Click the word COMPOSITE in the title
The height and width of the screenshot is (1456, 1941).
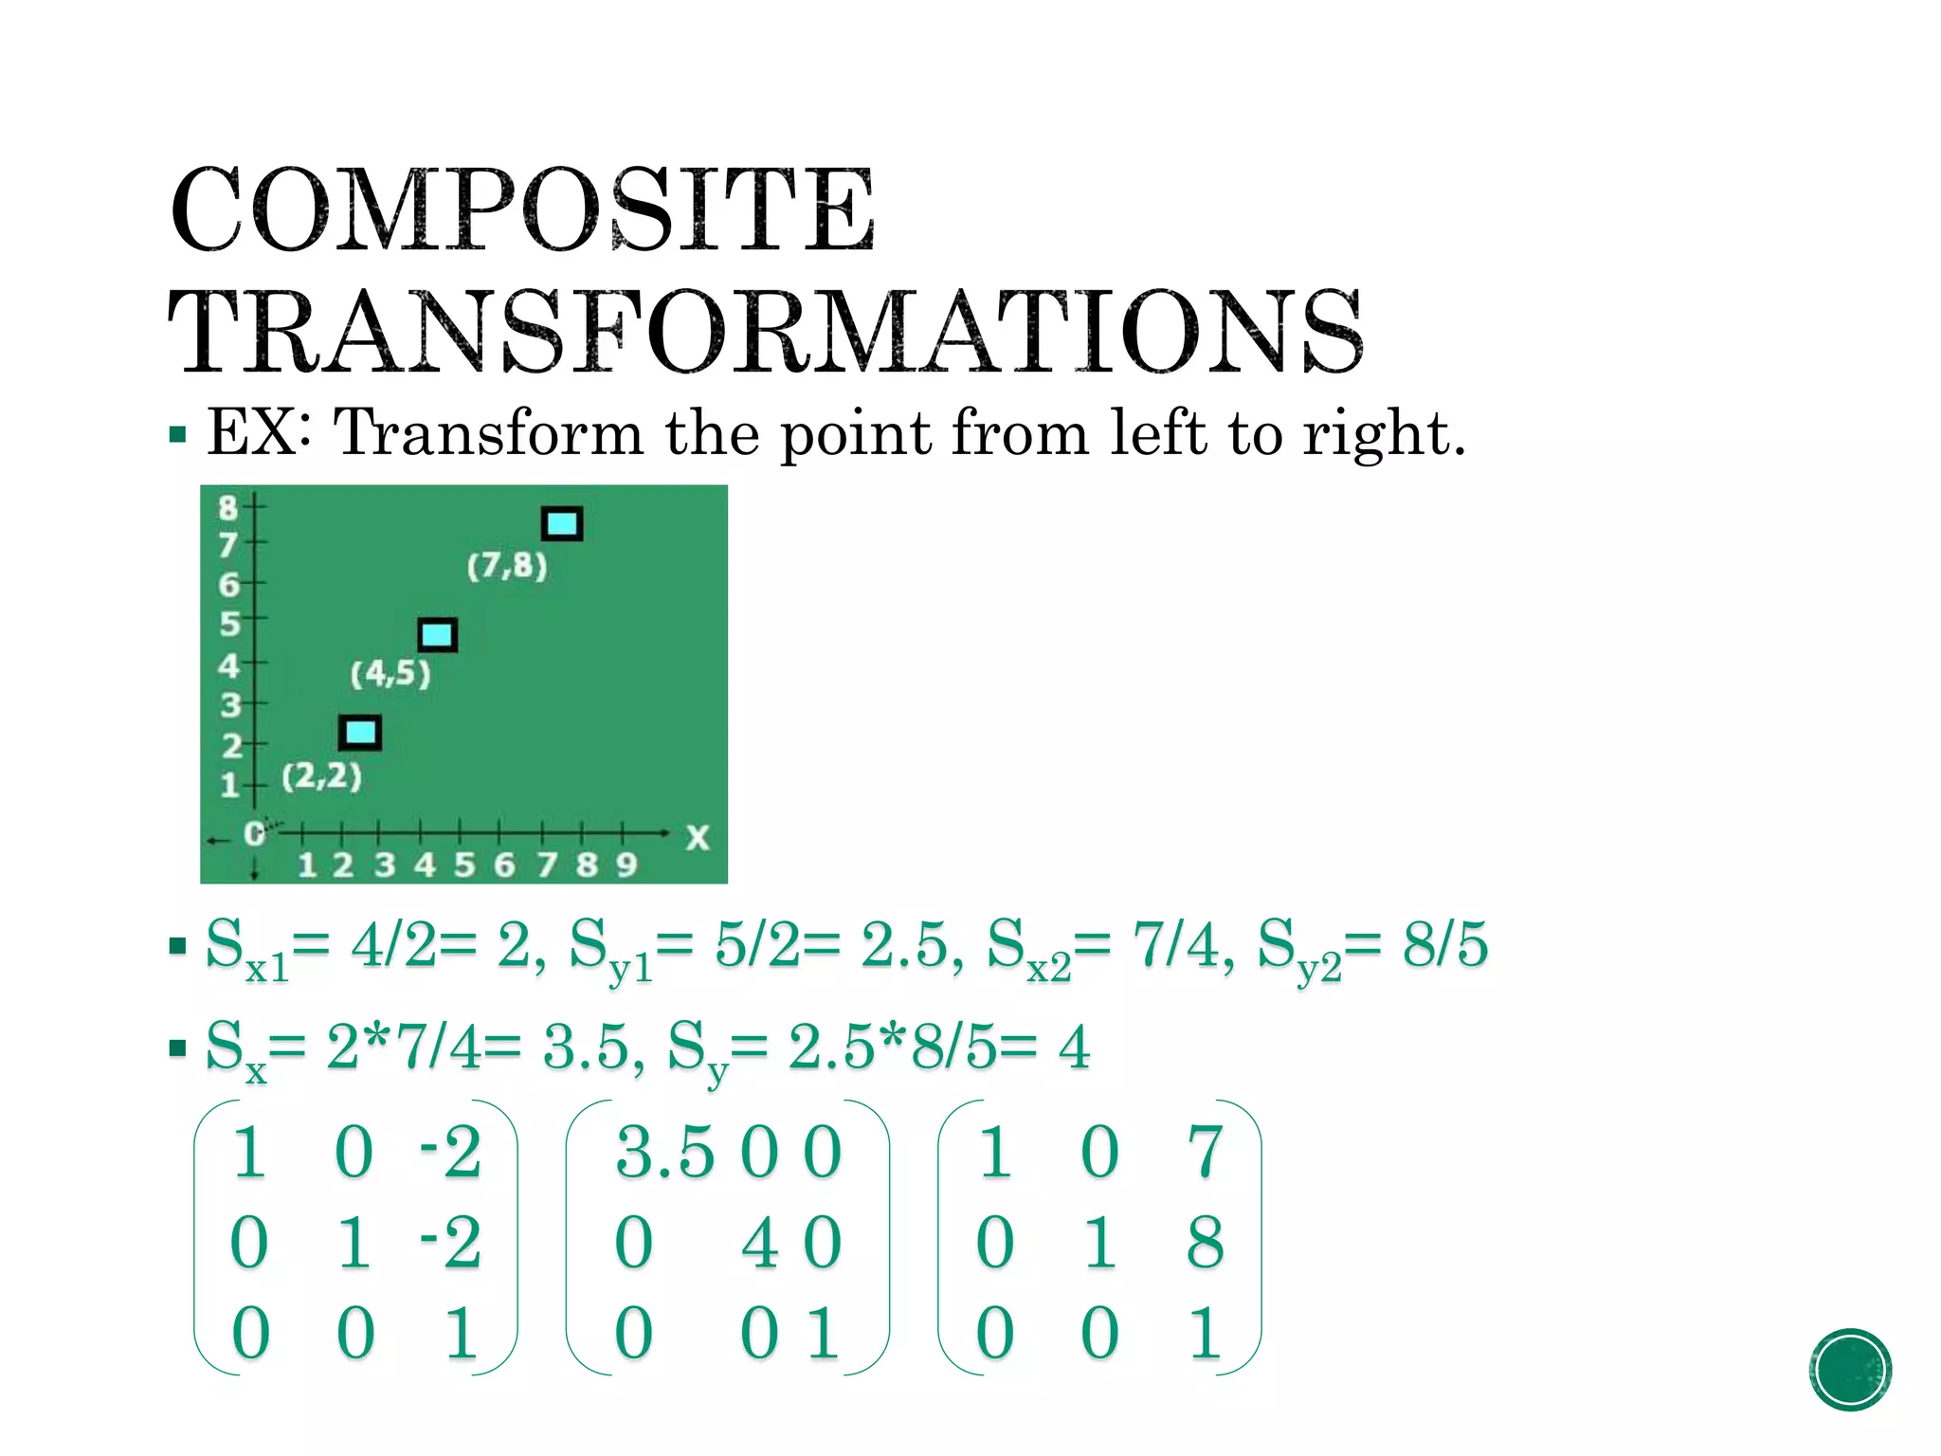click(522, 209)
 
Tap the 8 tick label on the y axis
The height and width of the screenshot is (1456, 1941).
click(227, 507)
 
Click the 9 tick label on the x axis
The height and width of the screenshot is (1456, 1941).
click(626, 864)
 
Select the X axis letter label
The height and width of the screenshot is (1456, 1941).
click(698, 837)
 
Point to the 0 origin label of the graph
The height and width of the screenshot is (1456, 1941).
click(253, 834)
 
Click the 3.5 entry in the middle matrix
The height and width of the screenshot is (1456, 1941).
click(664, 1154)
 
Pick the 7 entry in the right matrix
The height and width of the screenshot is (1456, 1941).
click(1205, 1153)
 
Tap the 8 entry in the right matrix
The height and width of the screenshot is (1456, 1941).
click(1205, 1242)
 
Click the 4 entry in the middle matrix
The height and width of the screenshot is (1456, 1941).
click(760, 1243)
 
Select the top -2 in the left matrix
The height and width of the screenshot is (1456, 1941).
click(451, 1153)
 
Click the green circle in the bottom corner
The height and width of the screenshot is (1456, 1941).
click(1850, 1370)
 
